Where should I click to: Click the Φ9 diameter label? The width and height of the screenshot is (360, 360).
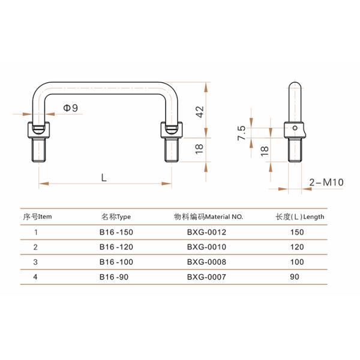70,108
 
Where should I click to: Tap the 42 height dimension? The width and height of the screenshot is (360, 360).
200,110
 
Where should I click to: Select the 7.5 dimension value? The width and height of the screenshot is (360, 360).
241,133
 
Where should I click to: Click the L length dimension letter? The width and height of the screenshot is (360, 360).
104,178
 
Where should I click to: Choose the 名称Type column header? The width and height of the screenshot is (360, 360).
116,217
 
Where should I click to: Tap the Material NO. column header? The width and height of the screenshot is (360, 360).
207,217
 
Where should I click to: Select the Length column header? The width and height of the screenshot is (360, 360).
300,217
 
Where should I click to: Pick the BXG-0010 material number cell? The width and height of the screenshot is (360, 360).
207,247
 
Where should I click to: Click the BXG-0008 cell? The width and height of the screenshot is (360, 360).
207,262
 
